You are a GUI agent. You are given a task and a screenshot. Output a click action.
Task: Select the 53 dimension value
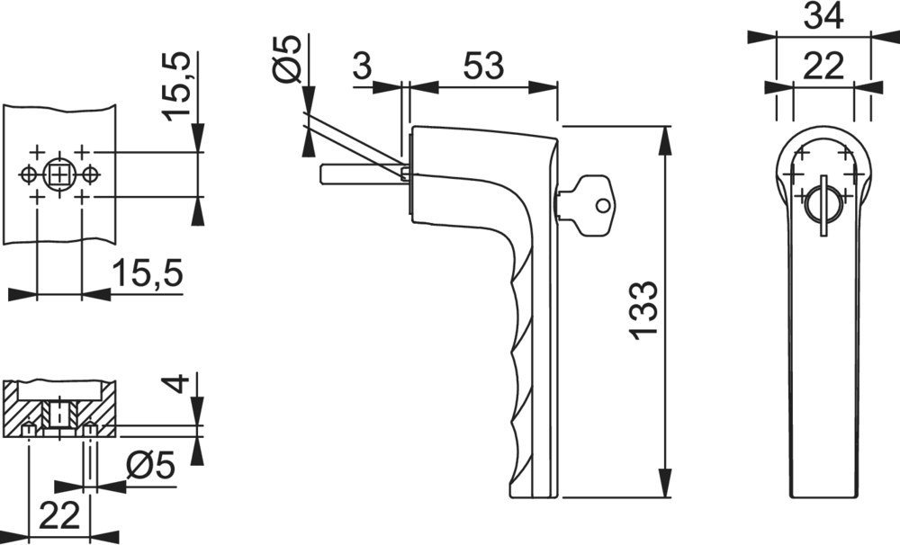(x=482, y=67)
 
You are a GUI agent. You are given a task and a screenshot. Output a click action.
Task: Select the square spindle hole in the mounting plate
(x=59, y=174)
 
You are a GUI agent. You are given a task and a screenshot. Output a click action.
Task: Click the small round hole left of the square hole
(x=30, y=174)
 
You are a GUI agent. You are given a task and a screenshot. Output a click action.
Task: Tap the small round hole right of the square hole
(x=89, y=174)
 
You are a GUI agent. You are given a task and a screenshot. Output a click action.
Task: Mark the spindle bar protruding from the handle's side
(x=357, y=173)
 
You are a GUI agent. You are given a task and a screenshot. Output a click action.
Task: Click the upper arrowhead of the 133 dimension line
(x=666, y=137)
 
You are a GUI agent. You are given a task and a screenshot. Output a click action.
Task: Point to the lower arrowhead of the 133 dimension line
(x=666, y=486)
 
